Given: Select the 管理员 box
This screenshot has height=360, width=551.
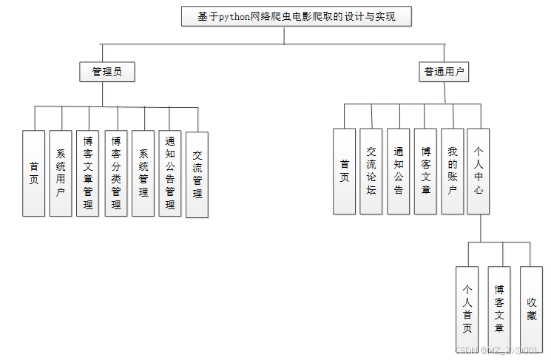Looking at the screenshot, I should click(x=107, y=72).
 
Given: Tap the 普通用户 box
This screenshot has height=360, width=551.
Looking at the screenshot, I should click(x=444, y=72).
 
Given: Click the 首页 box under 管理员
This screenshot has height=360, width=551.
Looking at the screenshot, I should click(x=34, y=173).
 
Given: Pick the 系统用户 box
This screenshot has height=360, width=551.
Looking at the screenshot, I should click(x=61, y=173).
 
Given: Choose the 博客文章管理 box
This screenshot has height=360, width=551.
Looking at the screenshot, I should click(x=88, y=173).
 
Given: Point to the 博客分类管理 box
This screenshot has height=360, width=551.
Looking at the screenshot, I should click(x=116, y=173).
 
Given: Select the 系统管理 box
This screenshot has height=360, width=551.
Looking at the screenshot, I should click(x=143, y=173).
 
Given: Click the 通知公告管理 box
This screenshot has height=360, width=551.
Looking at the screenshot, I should click(x=170, y=173).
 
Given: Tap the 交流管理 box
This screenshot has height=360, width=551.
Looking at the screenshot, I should click(x=197, y=174).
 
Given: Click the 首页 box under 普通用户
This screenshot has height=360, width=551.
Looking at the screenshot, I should click(x=344, y=171).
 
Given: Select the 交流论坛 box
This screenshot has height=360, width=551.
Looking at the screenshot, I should click(x=371, y=171).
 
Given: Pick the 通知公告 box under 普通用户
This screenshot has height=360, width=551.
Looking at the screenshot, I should click(x=399, y=171).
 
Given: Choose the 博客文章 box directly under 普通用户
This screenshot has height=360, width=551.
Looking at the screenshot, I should click(x=425, y=171).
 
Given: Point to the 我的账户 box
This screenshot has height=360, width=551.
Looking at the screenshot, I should click(x=453, y=171).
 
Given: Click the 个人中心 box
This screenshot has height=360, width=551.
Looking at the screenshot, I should click(x=479, y=171).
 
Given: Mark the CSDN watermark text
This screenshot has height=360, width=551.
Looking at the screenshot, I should click(x=500, y=350).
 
